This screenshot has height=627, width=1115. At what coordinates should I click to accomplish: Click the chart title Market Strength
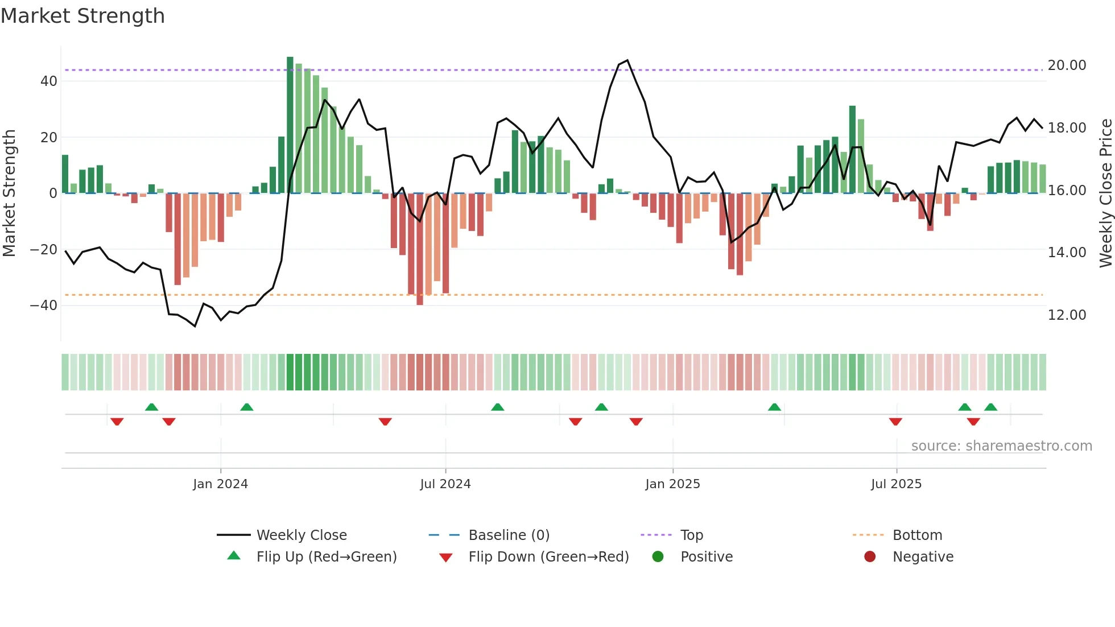click(82, 16)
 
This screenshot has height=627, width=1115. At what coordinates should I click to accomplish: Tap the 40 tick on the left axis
click(49, 81)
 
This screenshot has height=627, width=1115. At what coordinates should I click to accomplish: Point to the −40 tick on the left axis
click(44, 306)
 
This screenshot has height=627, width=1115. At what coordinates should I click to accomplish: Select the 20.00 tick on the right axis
click(1067, 65)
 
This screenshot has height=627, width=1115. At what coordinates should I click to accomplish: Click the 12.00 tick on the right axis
click(1067, 315)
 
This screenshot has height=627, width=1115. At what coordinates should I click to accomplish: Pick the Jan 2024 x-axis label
click(220, 484)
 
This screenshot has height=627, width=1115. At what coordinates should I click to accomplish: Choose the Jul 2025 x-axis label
click(896, 484)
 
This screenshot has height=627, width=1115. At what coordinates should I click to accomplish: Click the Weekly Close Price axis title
click(1105, 193)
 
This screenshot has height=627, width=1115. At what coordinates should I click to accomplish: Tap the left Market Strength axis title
click(10, 193)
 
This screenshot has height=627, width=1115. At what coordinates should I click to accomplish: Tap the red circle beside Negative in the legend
click(870, 557)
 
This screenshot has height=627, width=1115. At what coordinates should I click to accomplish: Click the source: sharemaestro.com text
click(1001, 446)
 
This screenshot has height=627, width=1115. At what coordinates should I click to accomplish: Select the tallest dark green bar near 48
click(290, 125)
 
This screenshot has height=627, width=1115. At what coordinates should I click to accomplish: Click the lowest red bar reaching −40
click(420, 250)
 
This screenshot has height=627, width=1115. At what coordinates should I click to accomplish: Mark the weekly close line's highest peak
click(627, 60)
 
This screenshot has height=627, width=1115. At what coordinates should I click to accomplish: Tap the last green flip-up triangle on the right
click(990, 407)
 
